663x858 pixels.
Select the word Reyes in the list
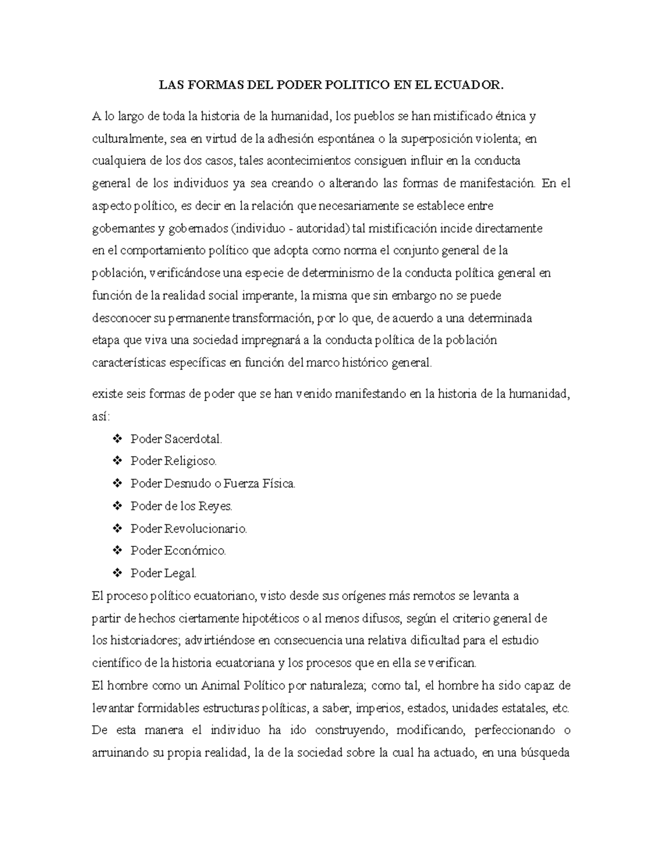point(217,506)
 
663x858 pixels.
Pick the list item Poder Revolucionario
point(188,529)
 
